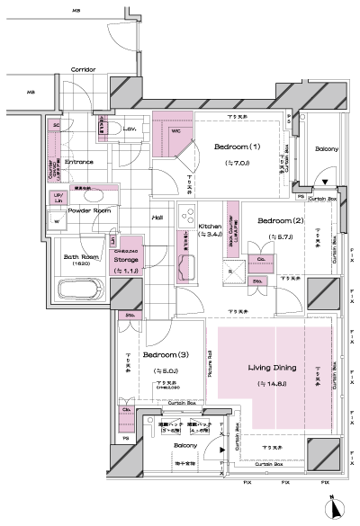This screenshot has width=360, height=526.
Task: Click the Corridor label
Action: coord(84,68)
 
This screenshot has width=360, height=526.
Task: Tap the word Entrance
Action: coord(79,163)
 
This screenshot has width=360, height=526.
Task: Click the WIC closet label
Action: coord(175,131)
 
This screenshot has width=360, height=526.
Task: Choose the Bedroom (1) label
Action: coord(237,147)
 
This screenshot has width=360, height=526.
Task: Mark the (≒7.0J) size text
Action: coord(236,163)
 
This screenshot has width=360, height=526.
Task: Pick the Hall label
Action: coord(157,217)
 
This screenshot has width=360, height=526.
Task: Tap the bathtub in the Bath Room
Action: coord(79,291)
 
